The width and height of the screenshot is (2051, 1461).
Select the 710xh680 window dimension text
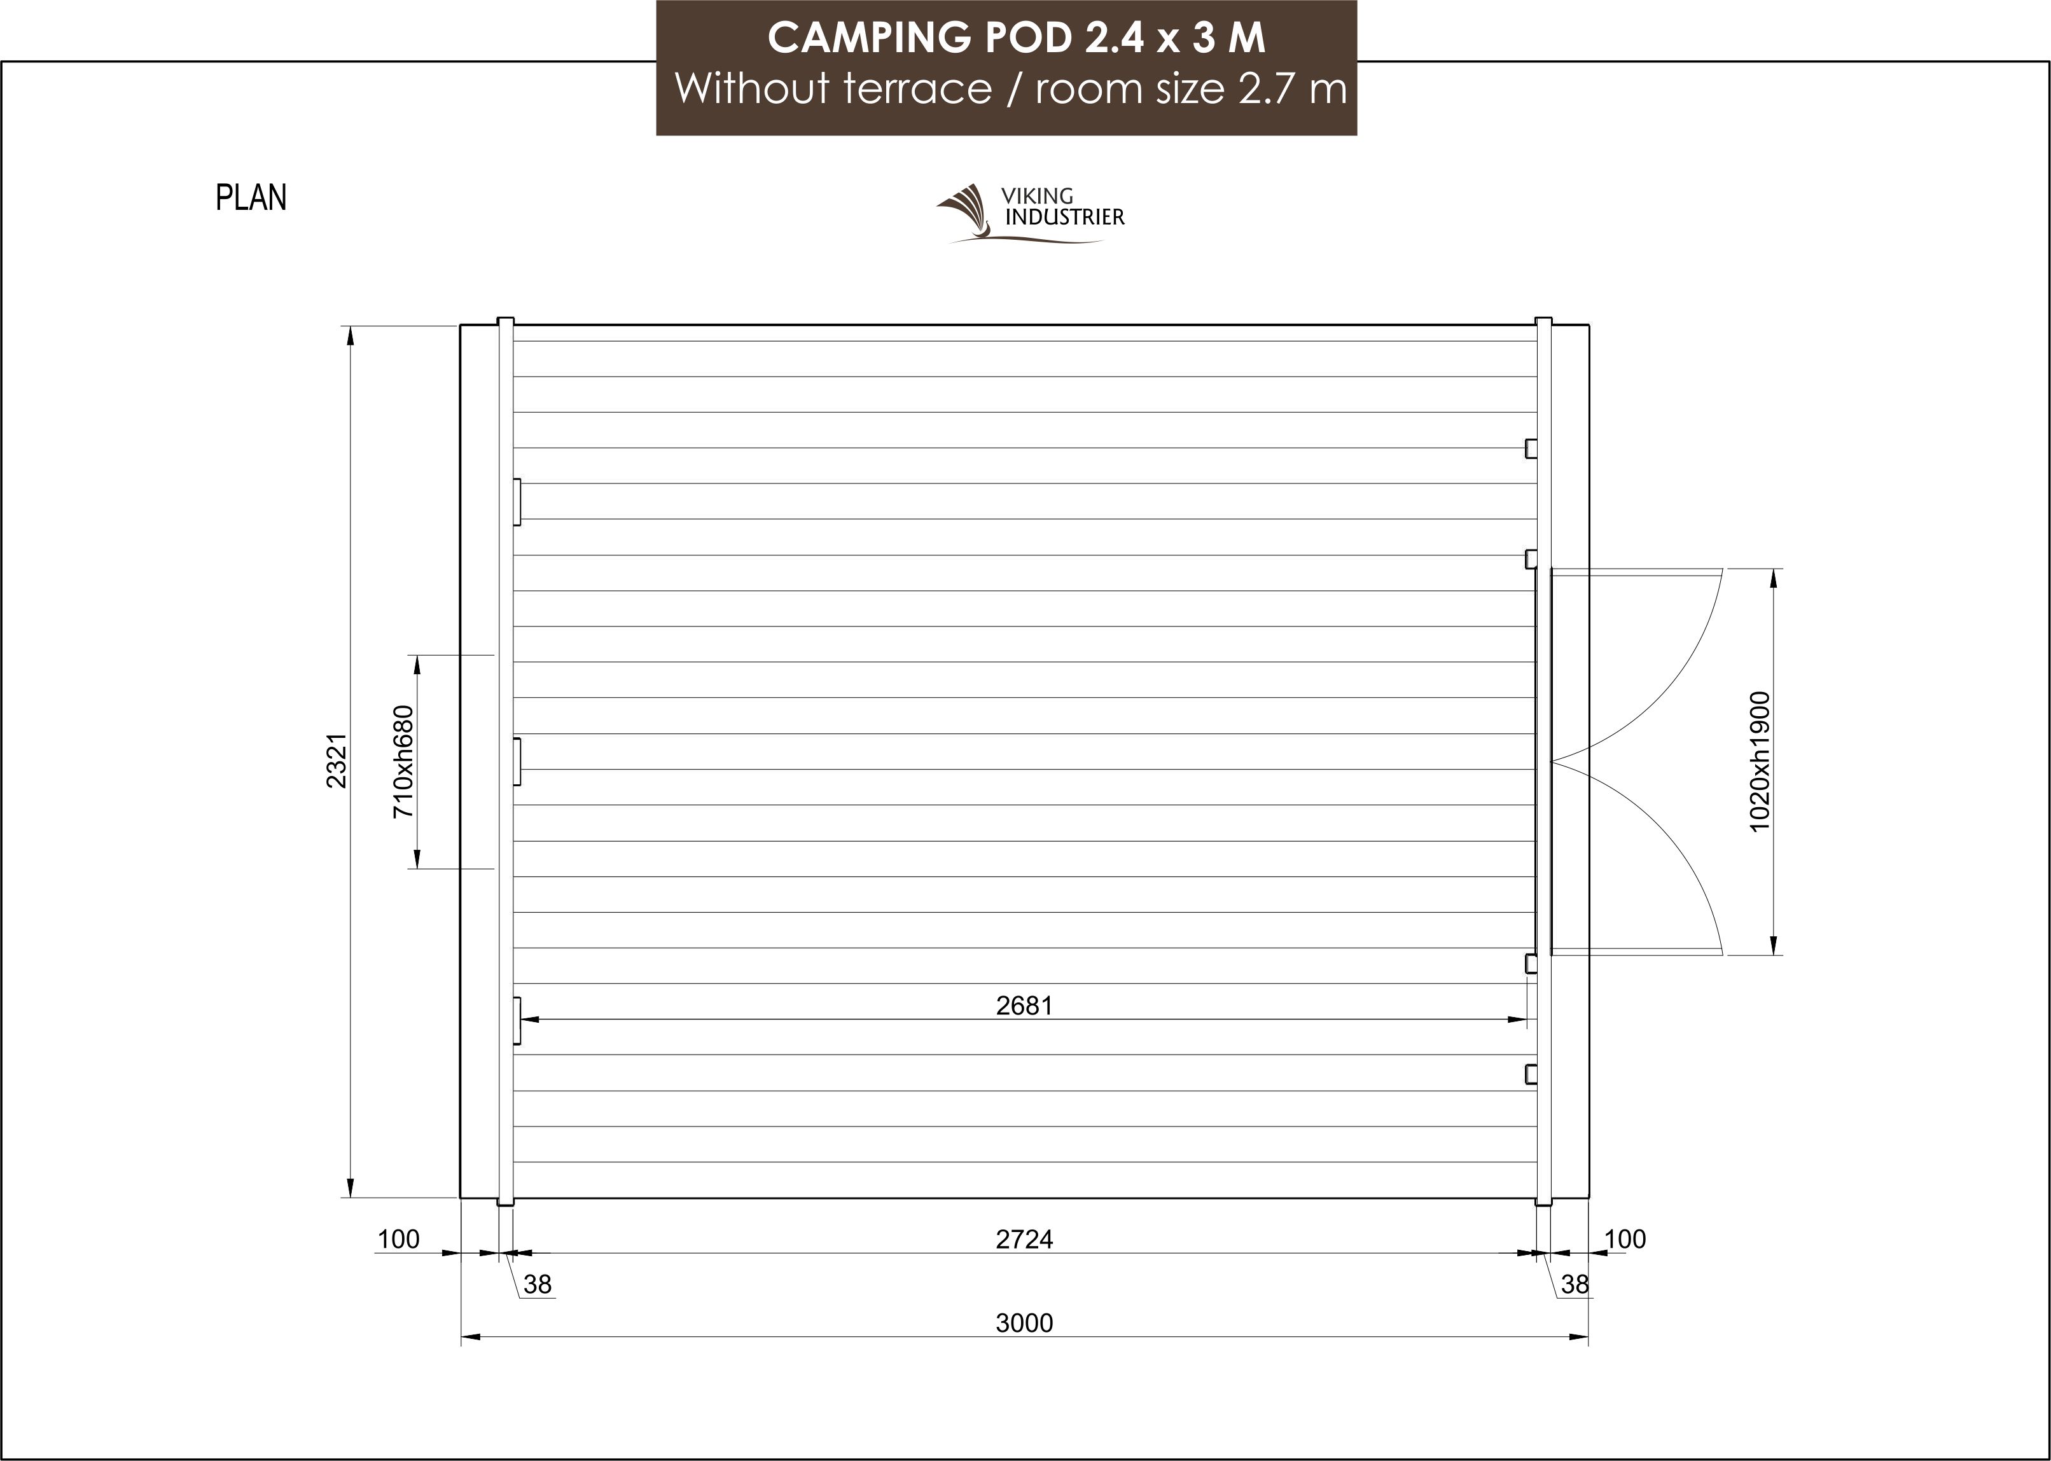coord(404,761)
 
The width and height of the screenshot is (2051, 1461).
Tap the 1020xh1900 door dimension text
coord(1760,761)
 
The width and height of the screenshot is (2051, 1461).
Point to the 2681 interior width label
coord(1024,1006)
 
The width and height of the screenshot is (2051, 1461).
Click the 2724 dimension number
coord(1024,1240)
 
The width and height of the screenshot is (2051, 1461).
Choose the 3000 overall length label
coord(1024,1324)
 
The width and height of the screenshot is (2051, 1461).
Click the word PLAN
coord(251,198)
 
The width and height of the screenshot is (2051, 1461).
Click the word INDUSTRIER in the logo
coord(1064,217)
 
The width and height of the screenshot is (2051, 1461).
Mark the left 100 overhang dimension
coord(398,1240)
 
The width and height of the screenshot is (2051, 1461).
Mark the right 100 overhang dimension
coord(1625,1240)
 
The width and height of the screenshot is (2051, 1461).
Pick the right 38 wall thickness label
coord(1575,1285)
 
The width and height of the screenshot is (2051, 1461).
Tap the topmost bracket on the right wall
coord(1530,448)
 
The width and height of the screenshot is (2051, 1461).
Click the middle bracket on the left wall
coord(517,761)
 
